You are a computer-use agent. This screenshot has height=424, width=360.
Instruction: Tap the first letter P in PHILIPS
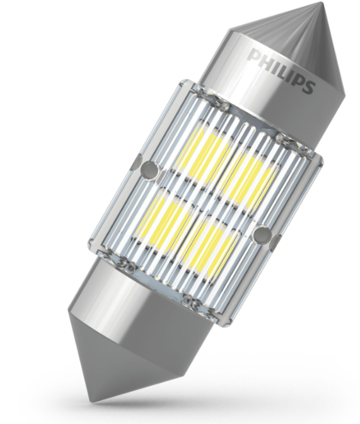[x=255, y=56]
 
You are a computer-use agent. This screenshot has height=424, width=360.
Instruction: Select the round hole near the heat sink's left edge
[x=149, y=169]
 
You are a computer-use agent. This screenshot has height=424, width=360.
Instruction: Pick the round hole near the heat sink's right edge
[x=262, y=233]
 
